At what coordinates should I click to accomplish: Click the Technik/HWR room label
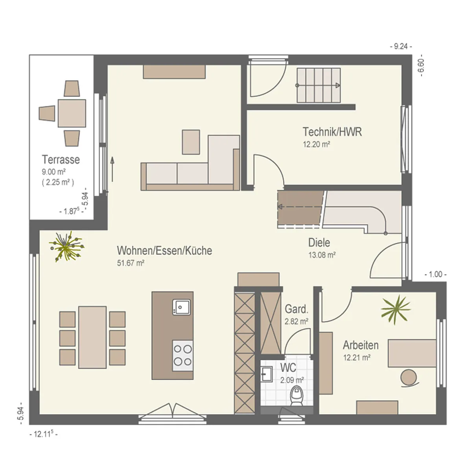tap(332, 132)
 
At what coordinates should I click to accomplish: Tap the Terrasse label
tap(61, 159)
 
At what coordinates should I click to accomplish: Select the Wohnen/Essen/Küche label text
tap(164, 250)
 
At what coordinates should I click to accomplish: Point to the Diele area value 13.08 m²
tap(322, 255)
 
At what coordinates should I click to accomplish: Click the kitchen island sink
tap(181, 307)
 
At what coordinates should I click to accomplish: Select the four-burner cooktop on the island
tap(183, 355)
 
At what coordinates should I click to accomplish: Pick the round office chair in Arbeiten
tap(408, 378)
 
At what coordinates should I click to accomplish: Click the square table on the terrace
tap(72, 113)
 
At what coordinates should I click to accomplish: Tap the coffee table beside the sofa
tap(191, 142)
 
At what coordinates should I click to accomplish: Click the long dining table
tap(92, 337)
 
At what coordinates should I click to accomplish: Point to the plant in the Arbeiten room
tap(396, 310)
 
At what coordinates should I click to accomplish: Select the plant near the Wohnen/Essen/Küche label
tap(66, 246)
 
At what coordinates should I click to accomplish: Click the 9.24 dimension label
tap(401, 46)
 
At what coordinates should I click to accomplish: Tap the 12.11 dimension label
tap(44, 434)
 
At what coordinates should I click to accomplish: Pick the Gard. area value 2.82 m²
tap(297, 321)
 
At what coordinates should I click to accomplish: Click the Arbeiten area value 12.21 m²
tap(357, 358)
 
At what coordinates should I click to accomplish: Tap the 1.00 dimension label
tap(435, 274)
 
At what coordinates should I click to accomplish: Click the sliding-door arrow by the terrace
tap(112, 169)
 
